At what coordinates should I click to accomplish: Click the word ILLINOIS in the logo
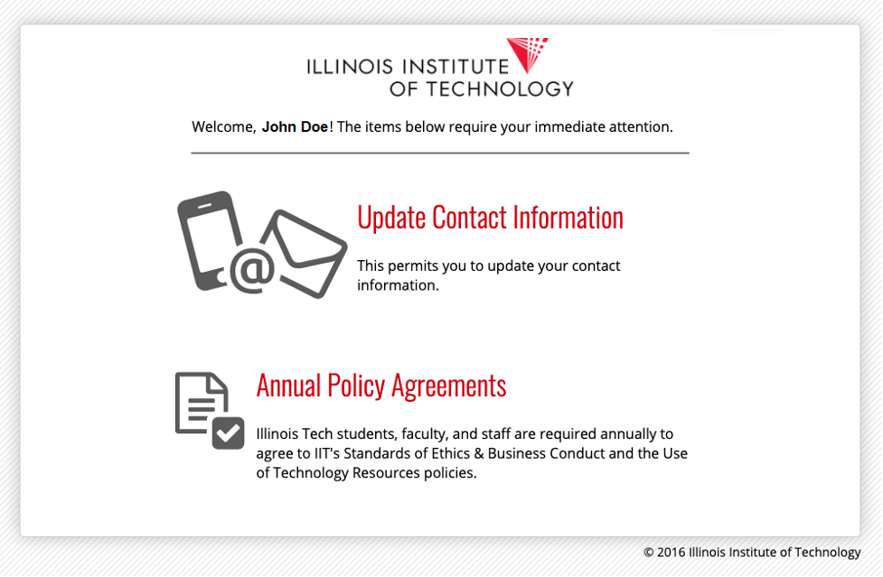click(x=350, y=67)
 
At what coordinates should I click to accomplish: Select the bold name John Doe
click(x=295, y=127)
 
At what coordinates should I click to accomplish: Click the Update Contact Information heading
click(x=491, y=218)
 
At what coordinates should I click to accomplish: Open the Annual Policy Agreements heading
click(x=381, y=386)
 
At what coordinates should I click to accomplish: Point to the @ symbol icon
click(x=252, y=271)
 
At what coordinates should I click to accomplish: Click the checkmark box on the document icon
click(x=228, y=433)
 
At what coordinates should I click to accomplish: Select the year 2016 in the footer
click(x=671, y=553)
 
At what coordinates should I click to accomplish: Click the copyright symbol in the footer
click(x=649, y=553)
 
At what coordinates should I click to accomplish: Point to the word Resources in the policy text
click(x=386, y=473)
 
